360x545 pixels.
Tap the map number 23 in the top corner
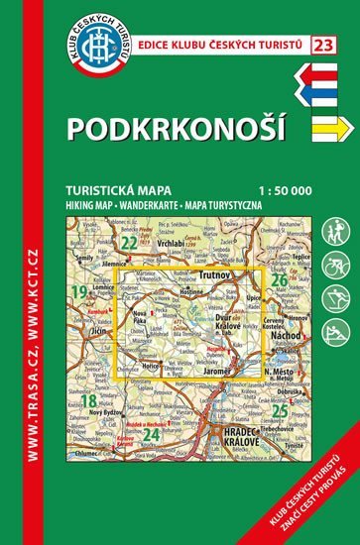321,43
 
